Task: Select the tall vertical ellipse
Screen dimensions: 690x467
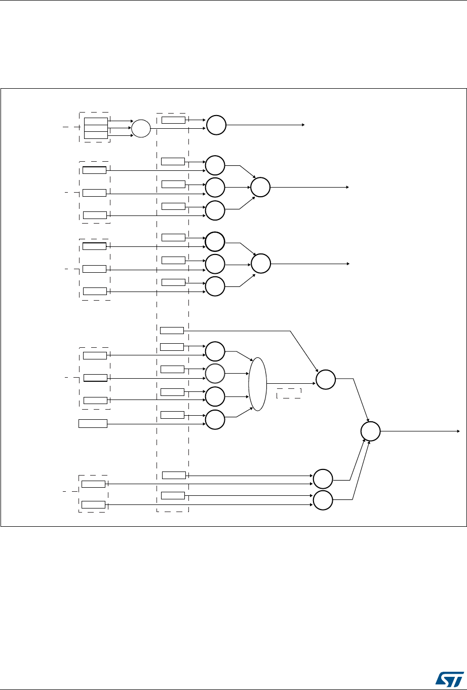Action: coord(257,384)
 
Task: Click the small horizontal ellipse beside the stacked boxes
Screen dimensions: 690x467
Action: coord(141,129)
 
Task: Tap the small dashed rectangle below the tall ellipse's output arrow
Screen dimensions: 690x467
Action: coord(289,393)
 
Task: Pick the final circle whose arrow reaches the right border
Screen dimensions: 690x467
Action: coord(370,431)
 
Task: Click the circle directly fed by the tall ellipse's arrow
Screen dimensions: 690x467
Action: coord(326,380)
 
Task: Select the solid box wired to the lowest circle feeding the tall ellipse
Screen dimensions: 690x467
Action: coord(93,423)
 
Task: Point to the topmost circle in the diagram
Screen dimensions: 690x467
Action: coord(215,125)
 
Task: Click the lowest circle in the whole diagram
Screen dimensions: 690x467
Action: coord(323,500)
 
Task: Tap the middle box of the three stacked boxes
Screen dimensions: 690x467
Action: coord(96,128)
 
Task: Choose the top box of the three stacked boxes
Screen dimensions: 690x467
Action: coord(96,121)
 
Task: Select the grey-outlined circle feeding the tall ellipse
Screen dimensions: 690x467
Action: coord(215,374)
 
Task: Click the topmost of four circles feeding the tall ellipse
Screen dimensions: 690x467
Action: coord(215,351)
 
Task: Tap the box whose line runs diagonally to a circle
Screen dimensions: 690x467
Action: coord(172,331)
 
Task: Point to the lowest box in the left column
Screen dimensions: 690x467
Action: coord(94,504)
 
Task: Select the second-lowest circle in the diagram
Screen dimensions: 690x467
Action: coord(323,480)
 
